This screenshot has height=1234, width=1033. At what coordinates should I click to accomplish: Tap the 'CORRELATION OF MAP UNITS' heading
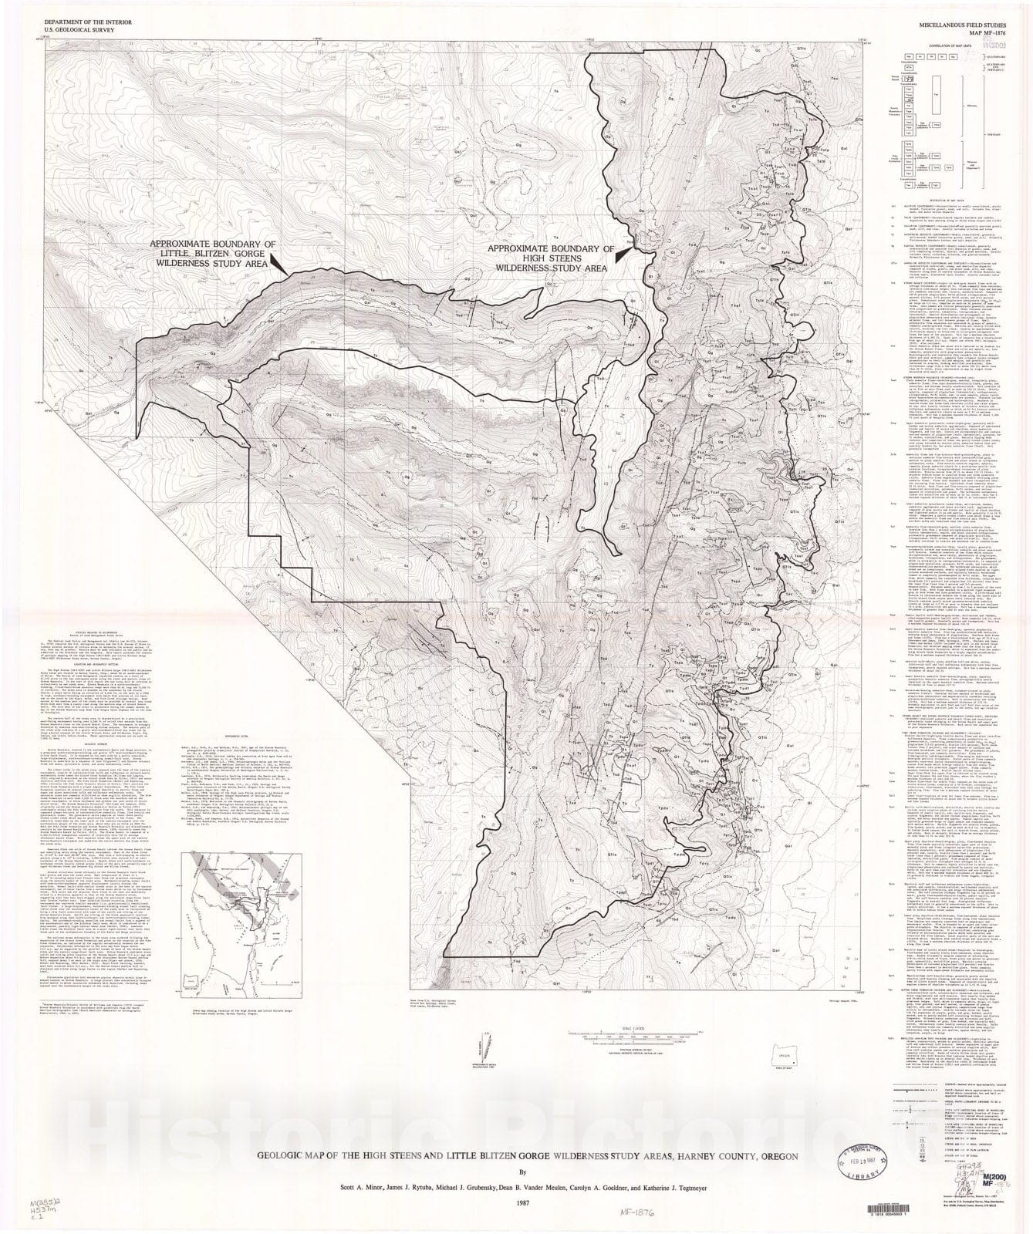coord(938,47)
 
